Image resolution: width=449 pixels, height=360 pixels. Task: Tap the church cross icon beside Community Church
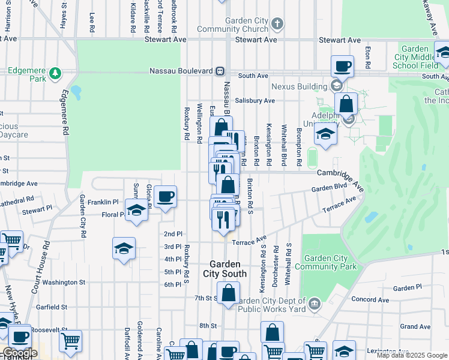click(277, 25)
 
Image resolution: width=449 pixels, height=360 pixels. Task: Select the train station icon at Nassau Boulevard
click(220, 71)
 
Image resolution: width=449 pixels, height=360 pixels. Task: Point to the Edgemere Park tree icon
click(55, 73)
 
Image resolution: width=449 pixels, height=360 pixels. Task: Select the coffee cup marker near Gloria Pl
click(165, 196)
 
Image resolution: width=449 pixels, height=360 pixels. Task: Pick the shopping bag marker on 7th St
click(228, 293)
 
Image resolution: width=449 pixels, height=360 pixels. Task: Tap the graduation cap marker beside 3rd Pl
click(124, 248)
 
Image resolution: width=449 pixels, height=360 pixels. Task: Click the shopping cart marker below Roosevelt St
click(71, 341)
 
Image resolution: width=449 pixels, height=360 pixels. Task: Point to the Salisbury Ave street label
click(255, 101)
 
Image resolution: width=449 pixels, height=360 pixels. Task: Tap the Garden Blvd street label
click(329, 187)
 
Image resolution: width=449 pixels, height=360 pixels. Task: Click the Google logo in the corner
click(19, 353)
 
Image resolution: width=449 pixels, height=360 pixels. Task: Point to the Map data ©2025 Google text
click(411, 355)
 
